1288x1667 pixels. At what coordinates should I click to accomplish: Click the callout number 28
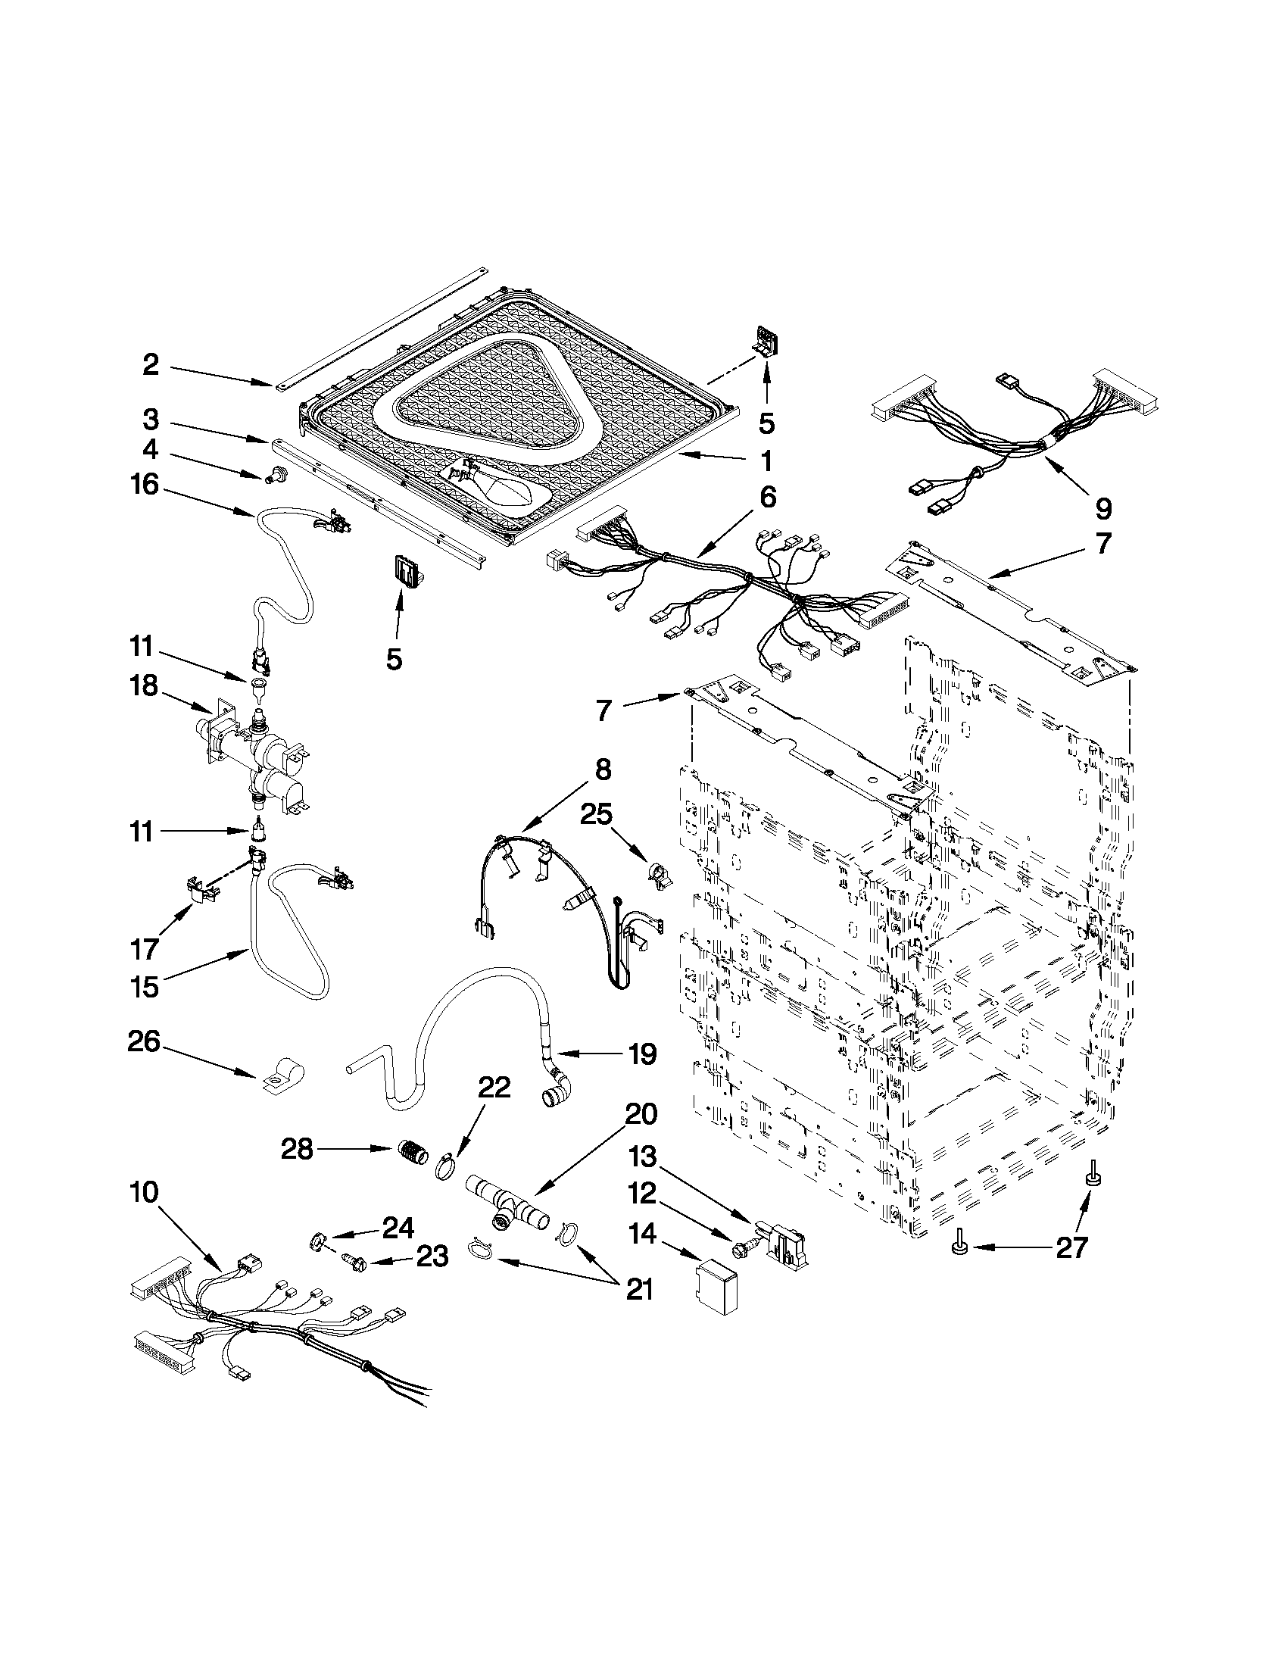coord(297,1149)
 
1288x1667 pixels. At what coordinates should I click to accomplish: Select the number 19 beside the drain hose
coord(641,1054)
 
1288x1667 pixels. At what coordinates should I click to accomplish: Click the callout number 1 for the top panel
coord(766,461)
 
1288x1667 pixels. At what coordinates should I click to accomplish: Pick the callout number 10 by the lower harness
coord(144,1192)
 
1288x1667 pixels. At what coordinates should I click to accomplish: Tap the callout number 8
coord(603,770)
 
